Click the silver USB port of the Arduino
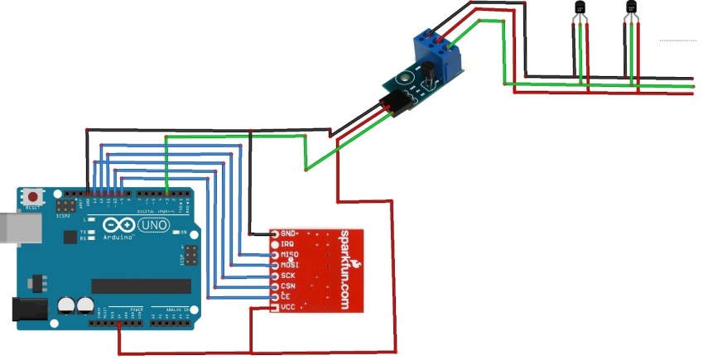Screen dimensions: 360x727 (10, 230)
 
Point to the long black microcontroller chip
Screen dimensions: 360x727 (146, 286)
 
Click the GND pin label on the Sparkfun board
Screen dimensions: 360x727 (289, 233)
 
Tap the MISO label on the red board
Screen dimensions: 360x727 (290, 255)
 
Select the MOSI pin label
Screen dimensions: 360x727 (290, 265)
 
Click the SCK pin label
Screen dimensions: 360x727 (288, 276)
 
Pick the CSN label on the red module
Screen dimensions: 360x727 (288, 286)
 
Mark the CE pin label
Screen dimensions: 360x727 (286, 295)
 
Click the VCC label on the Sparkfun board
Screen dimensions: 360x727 (288, 306)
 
